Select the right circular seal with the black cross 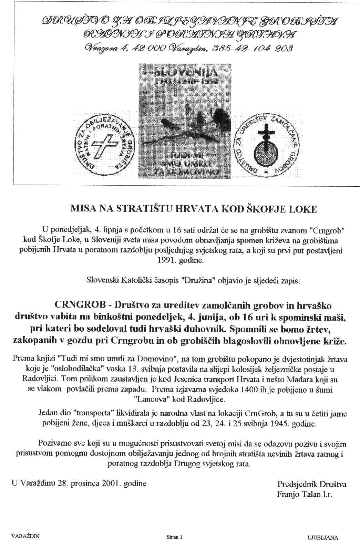tap(267, 145)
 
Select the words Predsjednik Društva tap(312, 484)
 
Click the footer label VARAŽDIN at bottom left tap(25, 536)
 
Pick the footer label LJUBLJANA tap(322, 537)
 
